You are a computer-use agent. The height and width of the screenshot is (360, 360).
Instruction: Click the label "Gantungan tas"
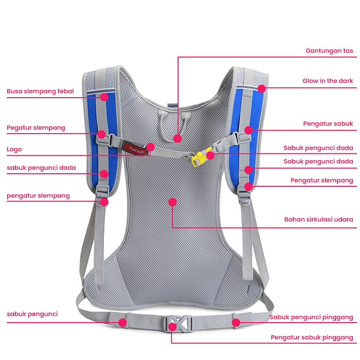click(329, 51)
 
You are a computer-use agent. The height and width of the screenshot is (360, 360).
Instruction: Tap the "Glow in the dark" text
click(328, 81)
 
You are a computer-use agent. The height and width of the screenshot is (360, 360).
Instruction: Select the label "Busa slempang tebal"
click(40, 91)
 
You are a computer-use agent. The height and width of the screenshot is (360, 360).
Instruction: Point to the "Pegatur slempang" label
click(36, 128)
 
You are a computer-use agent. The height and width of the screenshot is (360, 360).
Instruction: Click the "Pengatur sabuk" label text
click(328, 124)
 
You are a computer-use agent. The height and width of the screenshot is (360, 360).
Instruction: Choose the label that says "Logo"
click(14, 149)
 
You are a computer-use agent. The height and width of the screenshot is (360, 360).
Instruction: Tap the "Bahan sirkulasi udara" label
click(319, 220)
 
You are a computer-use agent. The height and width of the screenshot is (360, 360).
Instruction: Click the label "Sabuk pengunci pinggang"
click(311, 317)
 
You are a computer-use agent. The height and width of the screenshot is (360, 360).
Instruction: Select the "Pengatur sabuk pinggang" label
click(312, 337)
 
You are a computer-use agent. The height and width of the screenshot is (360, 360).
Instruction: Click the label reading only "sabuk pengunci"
click(32, 314)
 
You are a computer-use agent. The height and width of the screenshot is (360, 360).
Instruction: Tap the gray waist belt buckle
click(178, 324)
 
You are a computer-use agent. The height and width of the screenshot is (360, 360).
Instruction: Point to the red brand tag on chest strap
click(135, 146)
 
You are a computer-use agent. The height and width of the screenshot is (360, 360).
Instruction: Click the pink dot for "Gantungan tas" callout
click(178, 139)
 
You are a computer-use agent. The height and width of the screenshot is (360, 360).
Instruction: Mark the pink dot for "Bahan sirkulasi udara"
click(172, 202)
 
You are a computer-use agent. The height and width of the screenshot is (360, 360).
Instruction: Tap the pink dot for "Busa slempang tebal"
click(104, 96)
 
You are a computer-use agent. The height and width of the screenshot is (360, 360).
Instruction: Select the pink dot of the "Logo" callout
click(151, 147)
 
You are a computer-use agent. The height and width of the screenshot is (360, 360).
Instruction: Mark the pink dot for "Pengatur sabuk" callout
click(248, 130)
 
